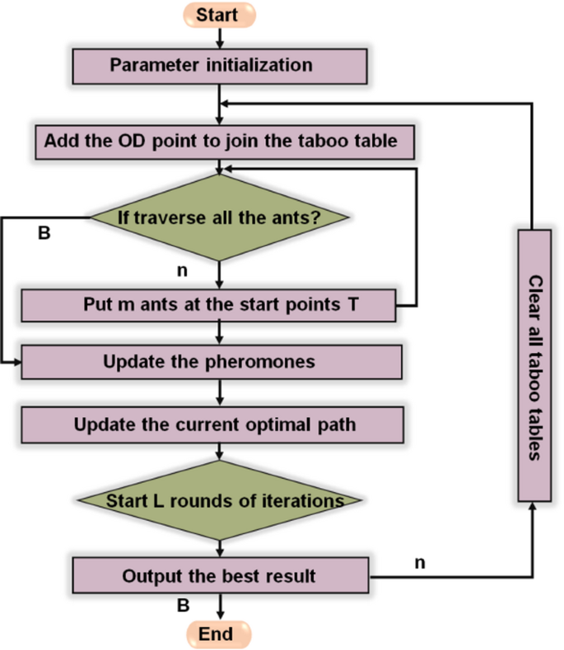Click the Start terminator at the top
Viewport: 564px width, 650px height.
(x=218, y=15)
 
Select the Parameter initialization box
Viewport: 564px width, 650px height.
(x=218, y=65)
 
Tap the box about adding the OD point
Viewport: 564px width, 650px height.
(x=220, y=142)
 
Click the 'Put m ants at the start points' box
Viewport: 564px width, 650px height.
(x=210, y=304)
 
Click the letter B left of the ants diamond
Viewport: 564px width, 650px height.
(x=44, y=234)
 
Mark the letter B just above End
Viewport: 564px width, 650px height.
(x=184, y=606)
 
